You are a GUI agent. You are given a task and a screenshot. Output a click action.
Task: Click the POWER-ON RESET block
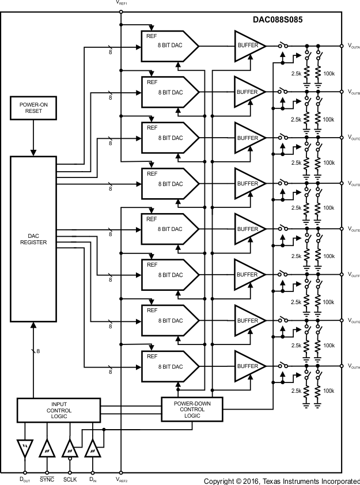coord(33,108)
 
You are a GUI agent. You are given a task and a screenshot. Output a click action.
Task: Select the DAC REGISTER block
coord(33,238)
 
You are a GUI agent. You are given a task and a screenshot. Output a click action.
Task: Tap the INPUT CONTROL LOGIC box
coord(59,410)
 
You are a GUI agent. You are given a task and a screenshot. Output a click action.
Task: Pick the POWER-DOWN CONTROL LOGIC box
coord(192,410)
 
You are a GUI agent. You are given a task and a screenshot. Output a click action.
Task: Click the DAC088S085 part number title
coord(278,19)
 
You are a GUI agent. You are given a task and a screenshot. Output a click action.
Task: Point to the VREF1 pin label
coord(122,3)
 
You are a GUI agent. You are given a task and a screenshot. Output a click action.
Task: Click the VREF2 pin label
coord(122,479)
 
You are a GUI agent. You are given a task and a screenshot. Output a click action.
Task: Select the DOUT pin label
coord(25,479)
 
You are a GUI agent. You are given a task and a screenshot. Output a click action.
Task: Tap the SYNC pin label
coord(47,479)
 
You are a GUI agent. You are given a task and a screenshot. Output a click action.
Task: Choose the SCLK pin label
coord(69,479)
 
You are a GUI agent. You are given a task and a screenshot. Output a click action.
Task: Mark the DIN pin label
coord(92,479)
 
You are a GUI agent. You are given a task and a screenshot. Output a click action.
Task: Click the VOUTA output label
coord(353,46)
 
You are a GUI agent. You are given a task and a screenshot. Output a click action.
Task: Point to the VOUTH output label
coord(353,366)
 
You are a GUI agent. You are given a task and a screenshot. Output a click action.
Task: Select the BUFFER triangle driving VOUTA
coord(247,46)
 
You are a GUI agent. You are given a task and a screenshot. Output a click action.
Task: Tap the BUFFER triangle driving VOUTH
coord(247,366)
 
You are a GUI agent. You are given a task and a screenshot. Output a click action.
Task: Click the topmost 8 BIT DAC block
coord(169,46)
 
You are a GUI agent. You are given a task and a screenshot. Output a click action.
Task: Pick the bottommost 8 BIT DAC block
coord(169,366)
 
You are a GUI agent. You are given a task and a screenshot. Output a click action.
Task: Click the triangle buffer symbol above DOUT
coord(25,446)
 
